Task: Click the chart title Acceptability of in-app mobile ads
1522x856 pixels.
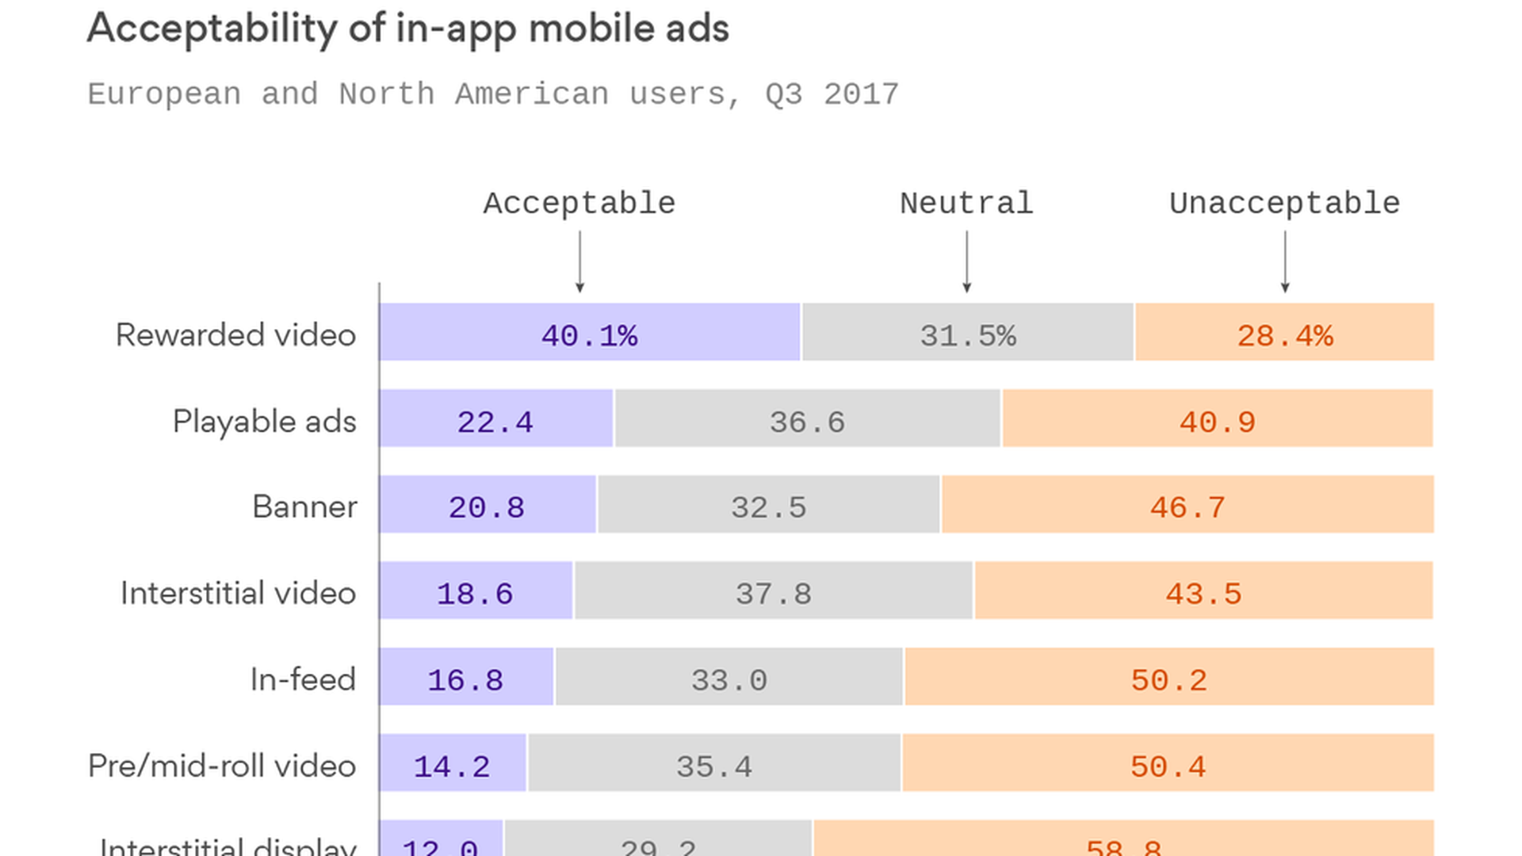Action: tap(407, 29)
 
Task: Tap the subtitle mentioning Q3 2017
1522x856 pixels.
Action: tap(492, 94)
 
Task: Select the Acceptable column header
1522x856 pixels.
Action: tap(579, 204)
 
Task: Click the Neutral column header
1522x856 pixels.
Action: tap(966, 204)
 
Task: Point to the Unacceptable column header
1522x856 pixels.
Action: tap(1284, 204)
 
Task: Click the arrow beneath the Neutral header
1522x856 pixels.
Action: tap(966, 262)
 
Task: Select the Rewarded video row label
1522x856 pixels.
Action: tap(235, 334)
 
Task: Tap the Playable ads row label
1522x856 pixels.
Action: tap(264, 421)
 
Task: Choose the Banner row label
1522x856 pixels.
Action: tap(304, 506)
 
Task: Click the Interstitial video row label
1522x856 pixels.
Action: tap(238, 593)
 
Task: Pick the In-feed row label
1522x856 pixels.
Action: tap(302, 679)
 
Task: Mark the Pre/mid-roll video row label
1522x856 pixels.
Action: tap(221, 766)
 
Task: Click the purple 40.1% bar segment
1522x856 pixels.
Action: tap(590, 332)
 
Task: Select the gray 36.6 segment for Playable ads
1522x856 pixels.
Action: tap(807, 418)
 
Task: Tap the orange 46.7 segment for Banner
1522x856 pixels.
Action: tap(1187, 504)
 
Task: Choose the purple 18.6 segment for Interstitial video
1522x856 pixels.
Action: tap(476, 590)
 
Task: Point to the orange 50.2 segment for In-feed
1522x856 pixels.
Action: tap(1169, 677)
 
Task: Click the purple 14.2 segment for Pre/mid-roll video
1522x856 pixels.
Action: tap(452, 763)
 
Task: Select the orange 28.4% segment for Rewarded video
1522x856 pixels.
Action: tap(1284, 332)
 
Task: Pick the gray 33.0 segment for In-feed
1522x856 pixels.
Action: tap(729, 677)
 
